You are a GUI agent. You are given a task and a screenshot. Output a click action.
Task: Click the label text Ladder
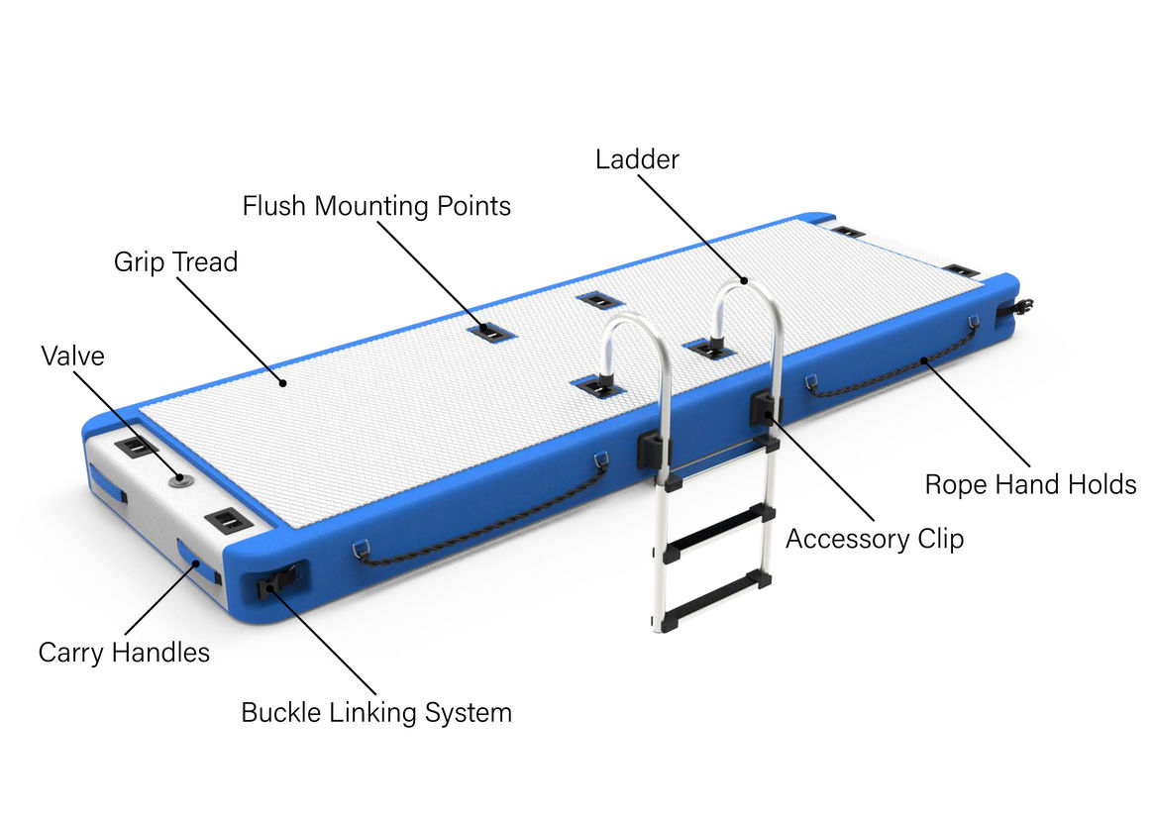[x=637, y=159]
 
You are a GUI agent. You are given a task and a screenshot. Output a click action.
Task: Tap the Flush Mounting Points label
[x=376, y=206]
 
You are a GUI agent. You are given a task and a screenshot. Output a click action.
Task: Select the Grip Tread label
[x=175, y=261]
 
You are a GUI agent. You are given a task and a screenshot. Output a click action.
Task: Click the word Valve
[x=72, y=357]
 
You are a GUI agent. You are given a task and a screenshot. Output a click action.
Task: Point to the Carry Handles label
[x=124, y=653]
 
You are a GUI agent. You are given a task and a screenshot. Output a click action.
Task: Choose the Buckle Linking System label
[x=376, y=713]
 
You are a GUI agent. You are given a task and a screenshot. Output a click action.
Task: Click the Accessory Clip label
[x=875, y=539]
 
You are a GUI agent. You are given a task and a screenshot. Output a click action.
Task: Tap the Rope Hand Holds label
[x=1030, y=485]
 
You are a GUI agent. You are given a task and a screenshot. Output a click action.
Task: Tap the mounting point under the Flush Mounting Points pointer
[x=491, y=333]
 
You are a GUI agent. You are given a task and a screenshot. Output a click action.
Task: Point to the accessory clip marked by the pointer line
[x=765, y=408]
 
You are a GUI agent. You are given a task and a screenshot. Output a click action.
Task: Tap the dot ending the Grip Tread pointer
[x=282, y=382]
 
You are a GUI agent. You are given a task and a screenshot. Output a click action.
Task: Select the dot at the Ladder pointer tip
[x=744, y=280]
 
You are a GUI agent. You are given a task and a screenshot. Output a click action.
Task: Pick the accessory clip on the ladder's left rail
[x=654, y=448]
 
